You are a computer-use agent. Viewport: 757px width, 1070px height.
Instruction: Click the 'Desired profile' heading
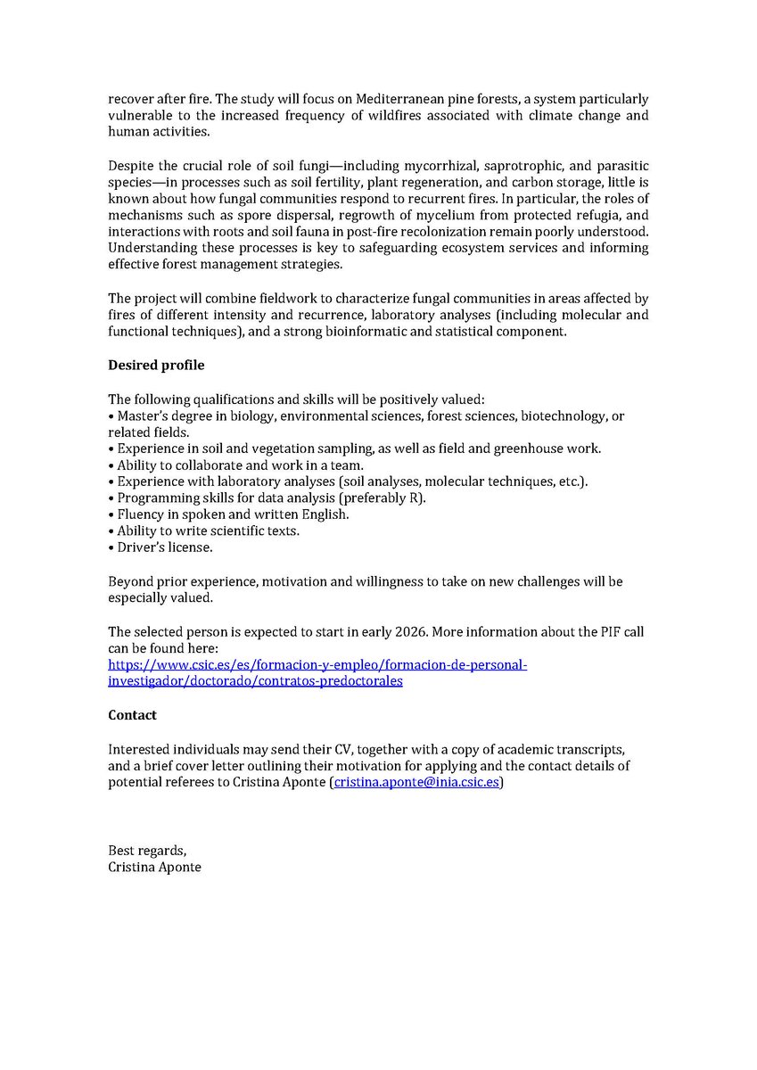tap(156, 366)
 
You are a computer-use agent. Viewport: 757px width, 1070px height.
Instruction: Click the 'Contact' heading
tap(132, 715)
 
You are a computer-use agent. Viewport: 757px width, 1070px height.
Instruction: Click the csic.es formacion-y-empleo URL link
tap(318, 665)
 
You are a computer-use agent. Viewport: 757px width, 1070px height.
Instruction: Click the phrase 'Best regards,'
tap(148, 850)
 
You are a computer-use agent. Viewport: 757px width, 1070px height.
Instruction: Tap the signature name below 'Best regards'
tap(154, 867)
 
